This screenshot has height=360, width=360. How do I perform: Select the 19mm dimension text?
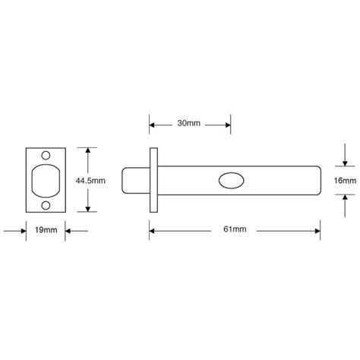pyautogui.click(x=46, y=229)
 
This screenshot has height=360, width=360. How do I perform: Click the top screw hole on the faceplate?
pyautogui.click(x=46, y=157)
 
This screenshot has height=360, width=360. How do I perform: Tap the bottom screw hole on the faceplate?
pyautogui.click(x=46, y=204)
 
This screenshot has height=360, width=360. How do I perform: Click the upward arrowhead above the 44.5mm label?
pyautogui.click(x=90, y=152)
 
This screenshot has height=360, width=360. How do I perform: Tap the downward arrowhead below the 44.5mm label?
pyautogui.click(x=90, y=210)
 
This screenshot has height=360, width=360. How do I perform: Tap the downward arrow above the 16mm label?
pyautogui.click(x=343, y=162)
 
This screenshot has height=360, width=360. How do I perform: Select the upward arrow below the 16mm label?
pyautogui.click(x=343, y=199)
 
